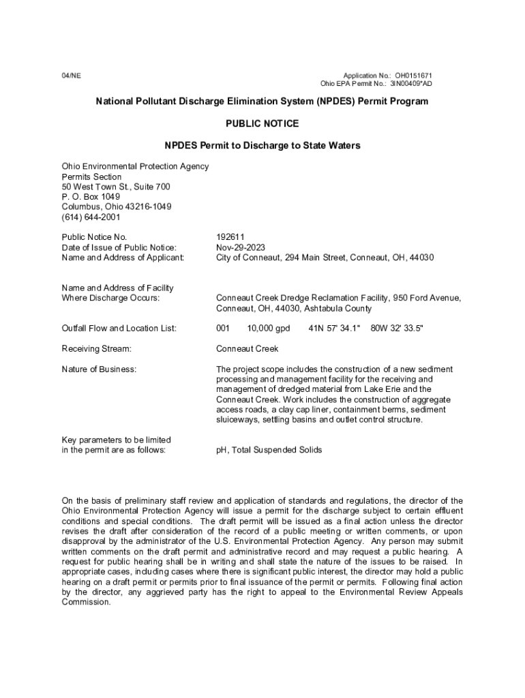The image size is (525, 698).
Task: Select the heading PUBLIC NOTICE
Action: point(262,123)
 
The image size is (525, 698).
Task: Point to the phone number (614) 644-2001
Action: point(91,217)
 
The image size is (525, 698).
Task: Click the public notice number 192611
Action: point(230,237)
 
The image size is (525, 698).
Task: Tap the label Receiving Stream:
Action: point(96,349)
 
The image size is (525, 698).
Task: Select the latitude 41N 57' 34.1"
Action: point(334,329)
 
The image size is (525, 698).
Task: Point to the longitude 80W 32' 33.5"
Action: point(397,329)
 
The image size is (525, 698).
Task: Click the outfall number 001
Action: point(223,329)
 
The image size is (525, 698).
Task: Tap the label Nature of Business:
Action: point(99,369)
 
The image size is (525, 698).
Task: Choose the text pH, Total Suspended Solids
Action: point(269,451)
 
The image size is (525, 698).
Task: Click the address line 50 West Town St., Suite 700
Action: point(116,187)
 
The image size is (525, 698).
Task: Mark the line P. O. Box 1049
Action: point(91,197)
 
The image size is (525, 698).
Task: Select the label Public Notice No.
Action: point(94,237)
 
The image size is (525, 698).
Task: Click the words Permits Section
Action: point(91,177)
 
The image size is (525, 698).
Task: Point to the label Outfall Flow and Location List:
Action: point(119,329)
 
